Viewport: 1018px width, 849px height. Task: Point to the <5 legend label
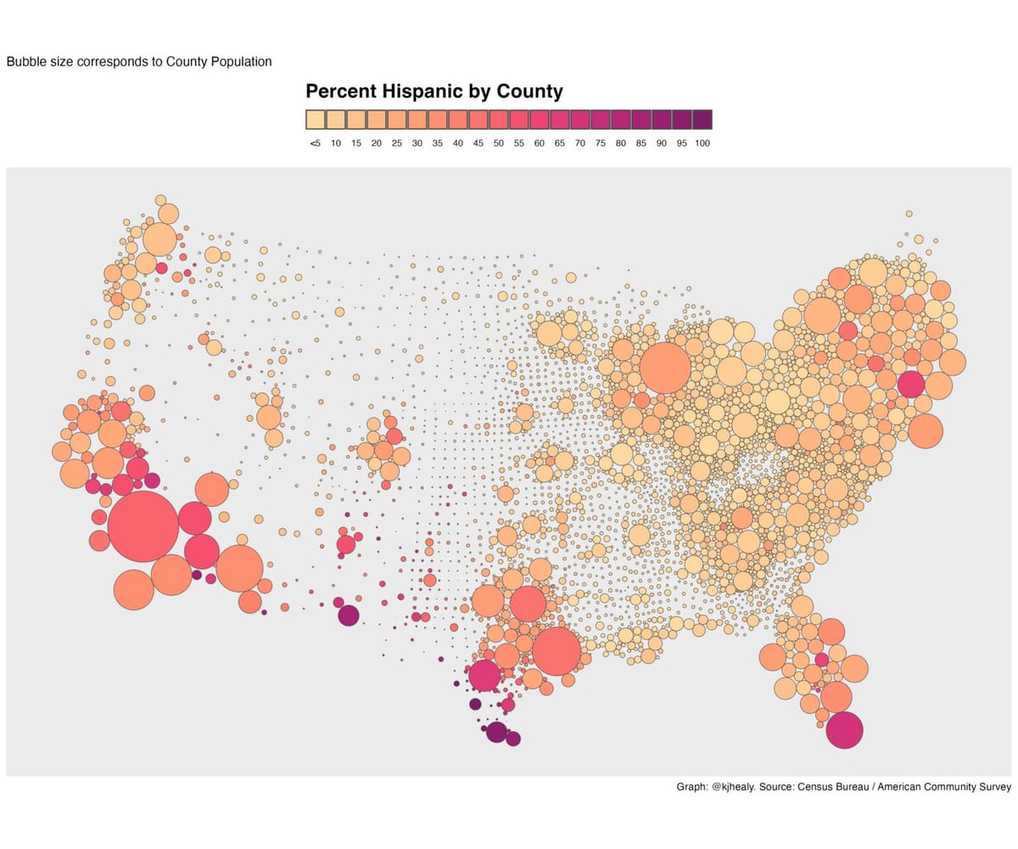coord(315,143)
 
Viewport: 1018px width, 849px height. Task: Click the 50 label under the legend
coord(499,143)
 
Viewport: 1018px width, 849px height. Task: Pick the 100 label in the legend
coord(702,143)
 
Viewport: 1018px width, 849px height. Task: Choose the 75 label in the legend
coord(601,143)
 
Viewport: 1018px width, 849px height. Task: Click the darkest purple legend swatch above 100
coord(702,119)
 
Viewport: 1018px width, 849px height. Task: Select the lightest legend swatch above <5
coord(315,119)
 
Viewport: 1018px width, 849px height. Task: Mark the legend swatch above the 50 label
coord(499,119)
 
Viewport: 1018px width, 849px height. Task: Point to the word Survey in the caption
coord(993,787)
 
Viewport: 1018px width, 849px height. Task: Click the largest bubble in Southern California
coord(143,526)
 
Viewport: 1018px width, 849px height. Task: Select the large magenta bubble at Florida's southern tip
coord(844,730)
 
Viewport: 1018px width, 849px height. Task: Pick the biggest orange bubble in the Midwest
coord(665,368)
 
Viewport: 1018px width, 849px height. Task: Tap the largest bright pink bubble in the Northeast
coord(910,384)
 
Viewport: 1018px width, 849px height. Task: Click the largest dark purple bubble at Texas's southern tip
coord(496,732)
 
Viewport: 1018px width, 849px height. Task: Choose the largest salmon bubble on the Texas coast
coord(557,650)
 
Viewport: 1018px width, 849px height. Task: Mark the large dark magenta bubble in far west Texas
coord(348,616)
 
